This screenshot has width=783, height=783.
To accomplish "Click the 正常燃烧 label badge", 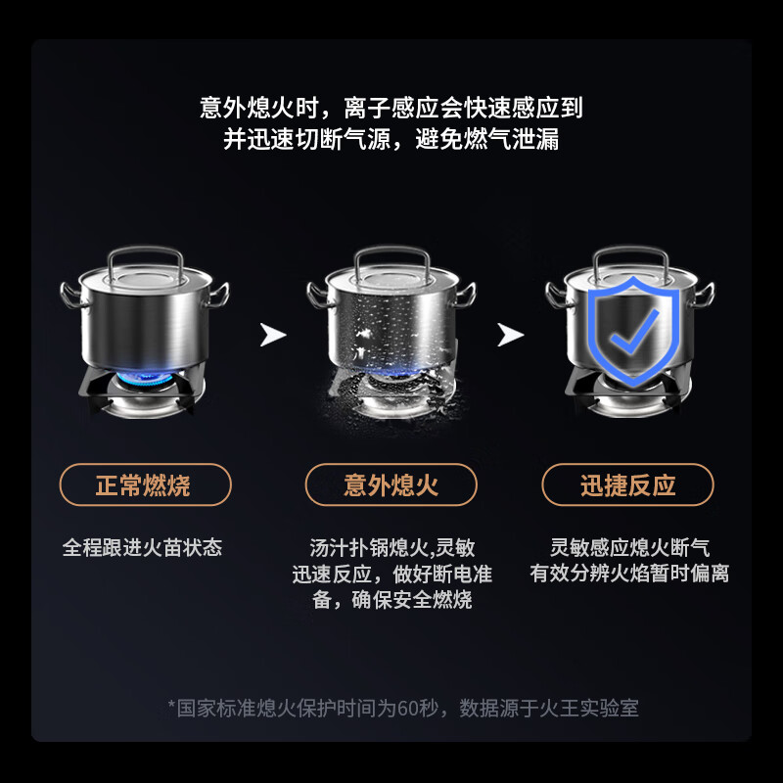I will coord(145,484).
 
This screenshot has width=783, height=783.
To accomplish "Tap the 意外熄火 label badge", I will coord(391,484).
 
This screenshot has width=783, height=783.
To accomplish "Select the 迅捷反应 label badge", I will coord(628,484).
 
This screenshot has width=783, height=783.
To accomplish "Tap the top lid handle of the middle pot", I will coord(391,256).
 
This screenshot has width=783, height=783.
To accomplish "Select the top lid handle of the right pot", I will coord(629,256).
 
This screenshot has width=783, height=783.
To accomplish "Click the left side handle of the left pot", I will coord(70,291).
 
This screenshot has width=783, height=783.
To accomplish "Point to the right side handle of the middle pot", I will coord(466,291).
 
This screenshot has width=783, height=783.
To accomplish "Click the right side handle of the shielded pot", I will coord(704,291).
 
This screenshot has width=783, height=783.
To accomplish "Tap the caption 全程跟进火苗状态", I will coord(143,547).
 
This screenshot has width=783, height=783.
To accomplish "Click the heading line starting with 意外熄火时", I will coord(391,107).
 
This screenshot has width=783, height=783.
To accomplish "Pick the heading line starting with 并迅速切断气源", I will coord(391,138).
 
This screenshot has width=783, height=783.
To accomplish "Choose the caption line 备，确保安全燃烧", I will coord(391,600).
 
